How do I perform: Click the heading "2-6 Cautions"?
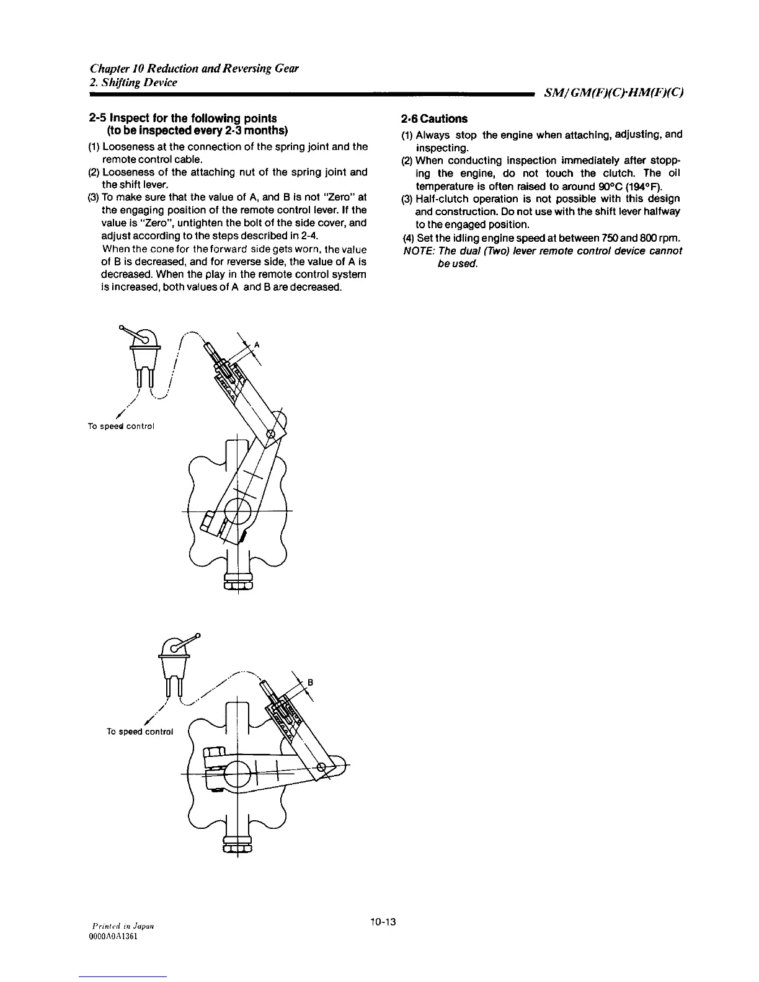click(434, 118)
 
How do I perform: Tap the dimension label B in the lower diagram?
click(310, 682)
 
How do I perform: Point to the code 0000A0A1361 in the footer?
click(113, 937)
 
